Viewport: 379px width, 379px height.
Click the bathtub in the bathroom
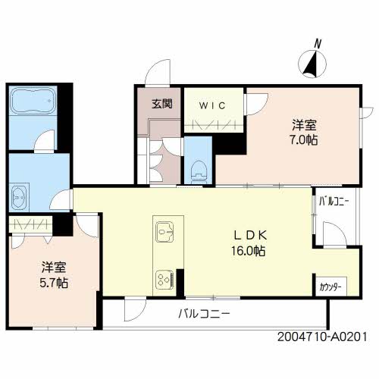click(33, 101)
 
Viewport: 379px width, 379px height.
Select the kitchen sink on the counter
click(164, 232)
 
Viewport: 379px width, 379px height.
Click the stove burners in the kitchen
click(164, 279)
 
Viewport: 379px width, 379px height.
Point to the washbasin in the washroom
click(19, 198)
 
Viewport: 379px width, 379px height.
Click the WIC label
click(212, 105)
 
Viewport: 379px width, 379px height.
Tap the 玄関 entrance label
click(162, 104)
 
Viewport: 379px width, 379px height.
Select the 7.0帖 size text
click(303, 140)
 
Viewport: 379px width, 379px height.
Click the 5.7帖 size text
click(54, 283)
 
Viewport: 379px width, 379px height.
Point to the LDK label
click(250, 236)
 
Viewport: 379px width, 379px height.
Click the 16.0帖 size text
click(249, 251)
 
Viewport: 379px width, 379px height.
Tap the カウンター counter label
click(330, 287)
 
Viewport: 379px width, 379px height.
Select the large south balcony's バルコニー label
click(204, 314)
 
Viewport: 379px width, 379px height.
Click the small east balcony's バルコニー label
click(334, 202)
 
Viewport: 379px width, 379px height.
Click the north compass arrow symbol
click(312, 64)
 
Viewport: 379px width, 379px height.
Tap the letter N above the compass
click(318, 44)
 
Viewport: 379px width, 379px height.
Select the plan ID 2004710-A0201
click(322, 337)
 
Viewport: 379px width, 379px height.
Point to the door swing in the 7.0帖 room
click(257, 104)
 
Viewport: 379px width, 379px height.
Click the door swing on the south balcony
click(135, 309)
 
